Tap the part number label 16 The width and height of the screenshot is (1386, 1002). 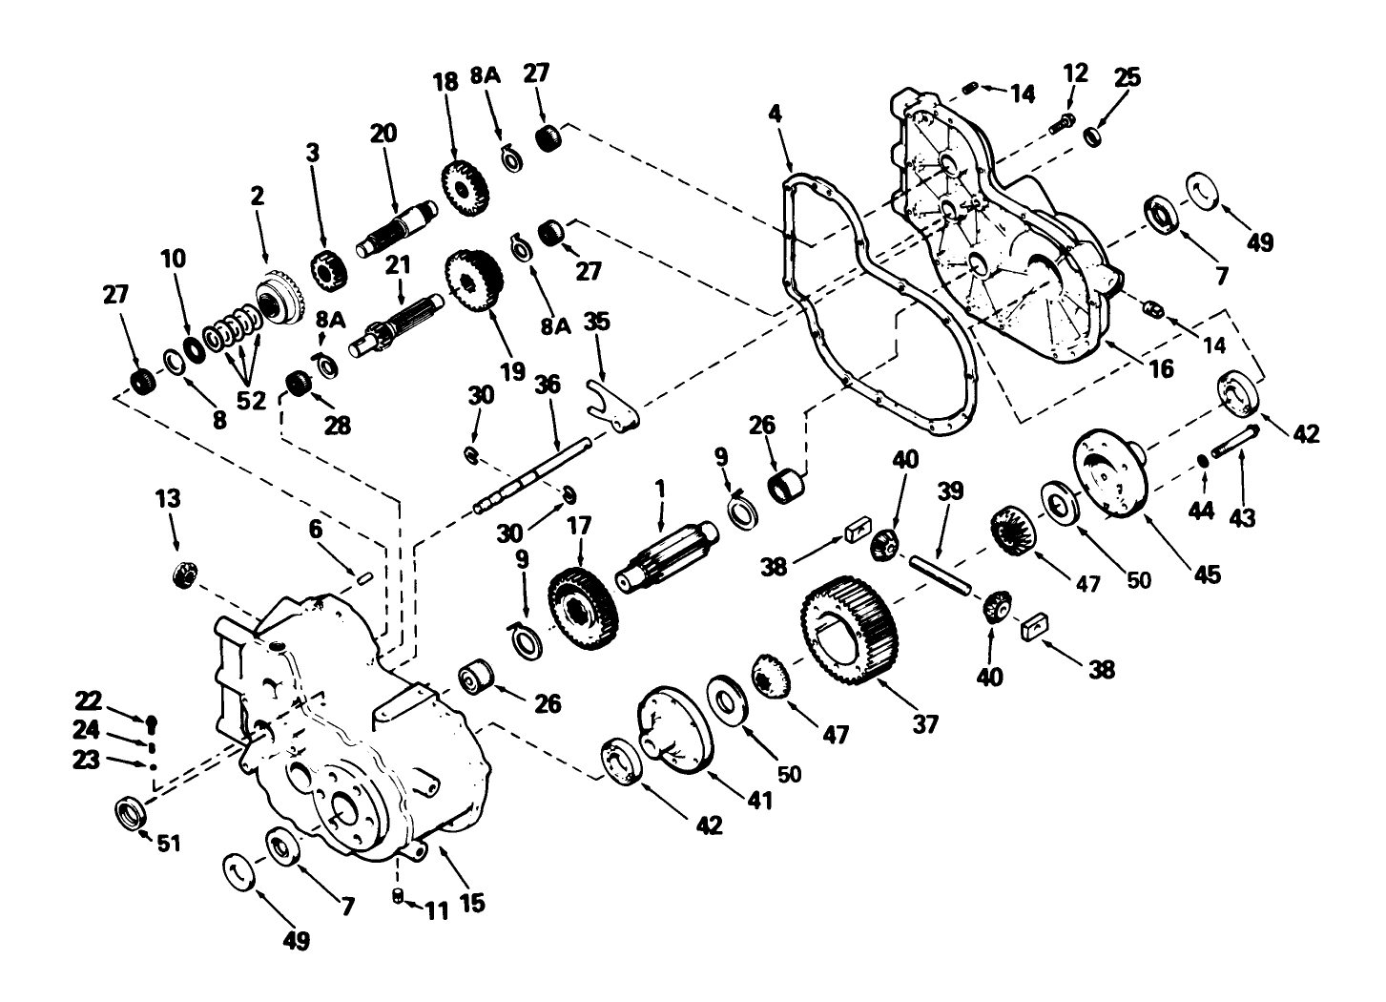(1160, 368)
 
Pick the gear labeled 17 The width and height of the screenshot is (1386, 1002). (583, 610)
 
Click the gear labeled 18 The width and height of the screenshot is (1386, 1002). (465, 187)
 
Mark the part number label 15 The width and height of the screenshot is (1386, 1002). (471, 900)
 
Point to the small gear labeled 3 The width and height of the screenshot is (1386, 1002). (328, 269)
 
